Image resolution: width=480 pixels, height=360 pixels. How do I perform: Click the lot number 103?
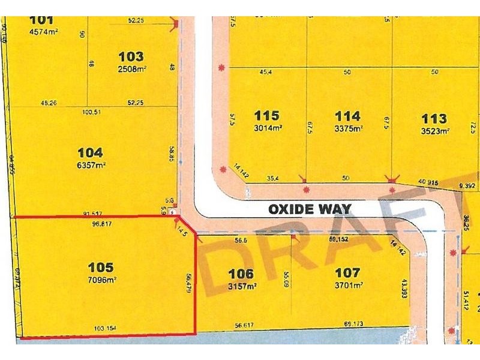[131, 57]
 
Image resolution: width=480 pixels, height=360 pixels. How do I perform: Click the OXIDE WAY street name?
[310, 209]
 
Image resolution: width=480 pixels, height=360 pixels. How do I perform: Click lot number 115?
[267, 116]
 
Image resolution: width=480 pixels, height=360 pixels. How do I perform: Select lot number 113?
[434, 118]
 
